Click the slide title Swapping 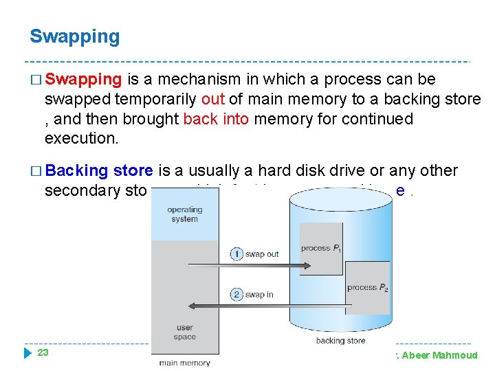pyautogui.click(x=74, y=36)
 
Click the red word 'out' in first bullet pyautogui.click(x=212, y=100)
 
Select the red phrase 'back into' pyautogui.click(x=216, y=119)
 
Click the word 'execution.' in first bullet pyautogui.click(x=81, y=138)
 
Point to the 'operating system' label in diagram pyautogui.click(x=184, y=214)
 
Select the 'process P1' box pyautogui.click(x=321, y=249)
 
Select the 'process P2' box pyautogui.click(x=366, y=287)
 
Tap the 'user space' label pyautogui.click(x=184, y=333)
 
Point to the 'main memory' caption pyautogui.click(x=184, y=363)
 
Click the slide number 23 pyautogui.click(x=43, y=352)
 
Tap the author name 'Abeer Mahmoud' pyautogui.click(x=443, y=355)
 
